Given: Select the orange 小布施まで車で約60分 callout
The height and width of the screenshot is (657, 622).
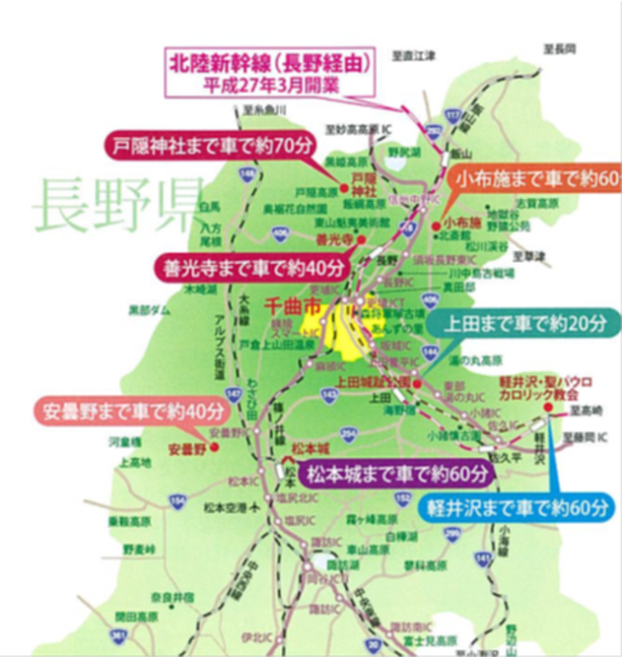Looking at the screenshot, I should tap(537, 178).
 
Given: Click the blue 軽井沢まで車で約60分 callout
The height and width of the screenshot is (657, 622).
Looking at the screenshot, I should tap(521, 504).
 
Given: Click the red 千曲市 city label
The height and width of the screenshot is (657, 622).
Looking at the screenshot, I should tap(297, 305).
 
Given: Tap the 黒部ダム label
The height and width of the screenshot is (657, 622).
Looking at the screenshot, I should tap(149, 310).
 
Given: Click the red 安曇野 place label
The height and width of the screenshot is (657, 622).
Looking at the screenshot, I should tap(187, 448).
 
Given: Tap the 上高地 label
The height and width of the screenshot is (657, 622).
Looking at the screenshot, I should tap(135, 463).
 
